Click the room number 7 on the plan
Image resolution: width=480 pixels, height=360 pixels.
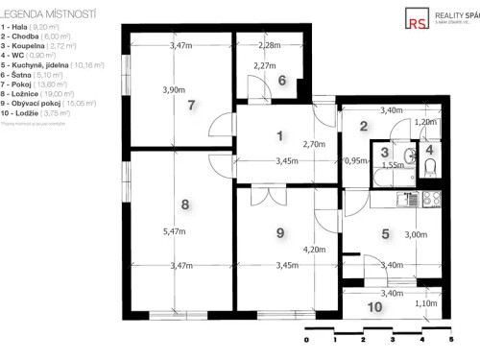192,106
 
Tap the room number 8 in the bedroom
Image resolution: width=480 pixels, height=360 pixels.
186,204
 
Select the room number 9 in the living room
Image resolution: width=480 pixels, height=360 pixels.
280,232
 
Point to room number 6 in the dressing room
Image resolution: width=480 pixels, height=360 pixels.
282,81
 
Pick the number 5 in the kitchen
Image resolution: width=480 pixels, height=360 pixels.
385,232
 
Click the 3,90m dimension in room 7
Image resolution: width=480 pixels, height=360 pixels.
175,90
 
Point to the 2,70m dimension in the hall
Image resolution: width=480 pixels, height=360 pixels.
314,144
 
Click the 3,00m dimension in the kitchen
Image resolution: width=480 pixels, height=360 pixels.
415,234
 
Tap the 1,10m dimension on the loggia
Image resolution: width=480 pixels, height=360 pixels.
424,303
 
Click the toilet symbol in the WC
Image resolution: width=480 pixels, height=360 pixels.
429,168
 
